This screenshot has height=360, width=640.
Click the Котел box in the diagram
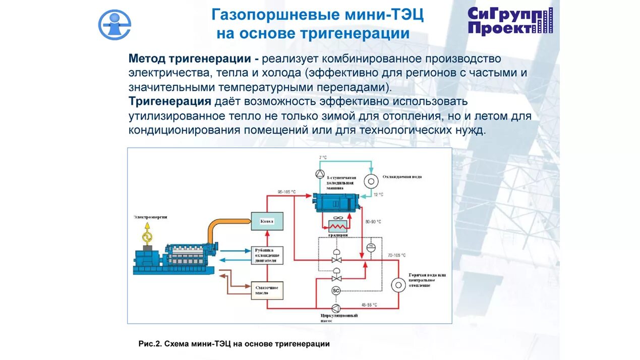[267, 221]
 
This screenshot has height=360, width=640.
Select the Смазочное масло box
[267, 290]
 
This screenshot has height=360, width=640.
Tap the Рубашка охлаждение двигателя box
[267, 255]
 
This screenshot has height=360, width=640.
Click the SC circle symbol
[336, 290]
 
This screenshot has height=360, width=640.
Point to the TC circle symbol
[371, 247]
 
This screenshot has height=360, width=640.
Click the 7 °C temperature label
[323, 158]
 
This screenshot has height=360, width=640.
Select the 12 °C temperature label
[378, 195]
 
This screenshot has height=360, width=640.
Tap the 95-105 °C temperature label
[286, 192]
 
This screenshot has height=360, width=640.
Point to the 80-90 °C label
[373, 221]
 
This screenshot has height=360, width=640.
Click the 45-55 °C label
[369, 305]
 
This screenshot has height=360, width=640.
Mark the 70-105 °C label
[397, 256]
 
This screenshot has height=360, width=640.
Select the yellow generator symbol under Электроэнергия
[148, 235]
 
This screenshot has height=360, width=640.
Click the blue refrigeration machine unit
[335, 203]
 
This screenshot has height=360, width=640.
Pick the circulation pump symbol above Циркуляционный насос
[336, 308]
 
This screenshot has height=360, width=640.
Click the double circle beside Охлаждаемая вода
[372, 180]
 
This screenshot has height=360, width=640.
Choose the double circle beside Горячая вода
[398, 285]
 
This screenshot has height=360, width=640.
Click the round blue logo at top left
[114, 24]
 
